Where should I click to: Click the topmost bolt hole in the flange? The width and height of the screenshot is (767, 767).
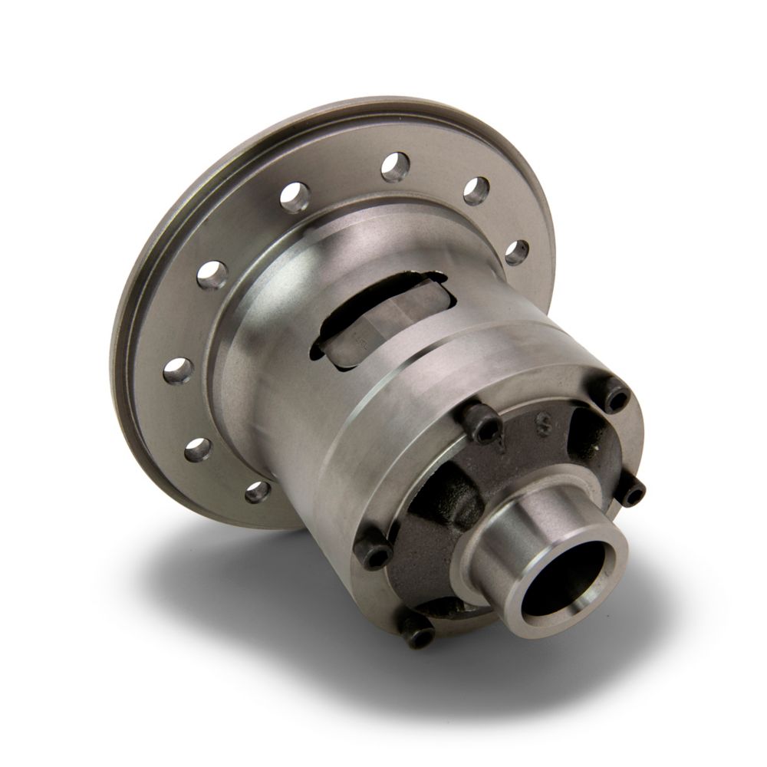395,166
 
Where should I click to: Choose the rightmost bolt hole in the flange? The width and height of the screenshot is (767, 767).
517,252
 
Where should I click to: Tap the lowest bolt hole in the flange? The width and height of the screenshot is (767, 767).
258,491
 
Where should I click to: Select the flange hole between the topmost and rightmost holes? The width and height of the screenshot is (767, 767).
476,190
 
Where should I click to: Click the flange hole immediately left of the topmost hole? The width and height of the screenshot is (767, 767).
294,196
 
